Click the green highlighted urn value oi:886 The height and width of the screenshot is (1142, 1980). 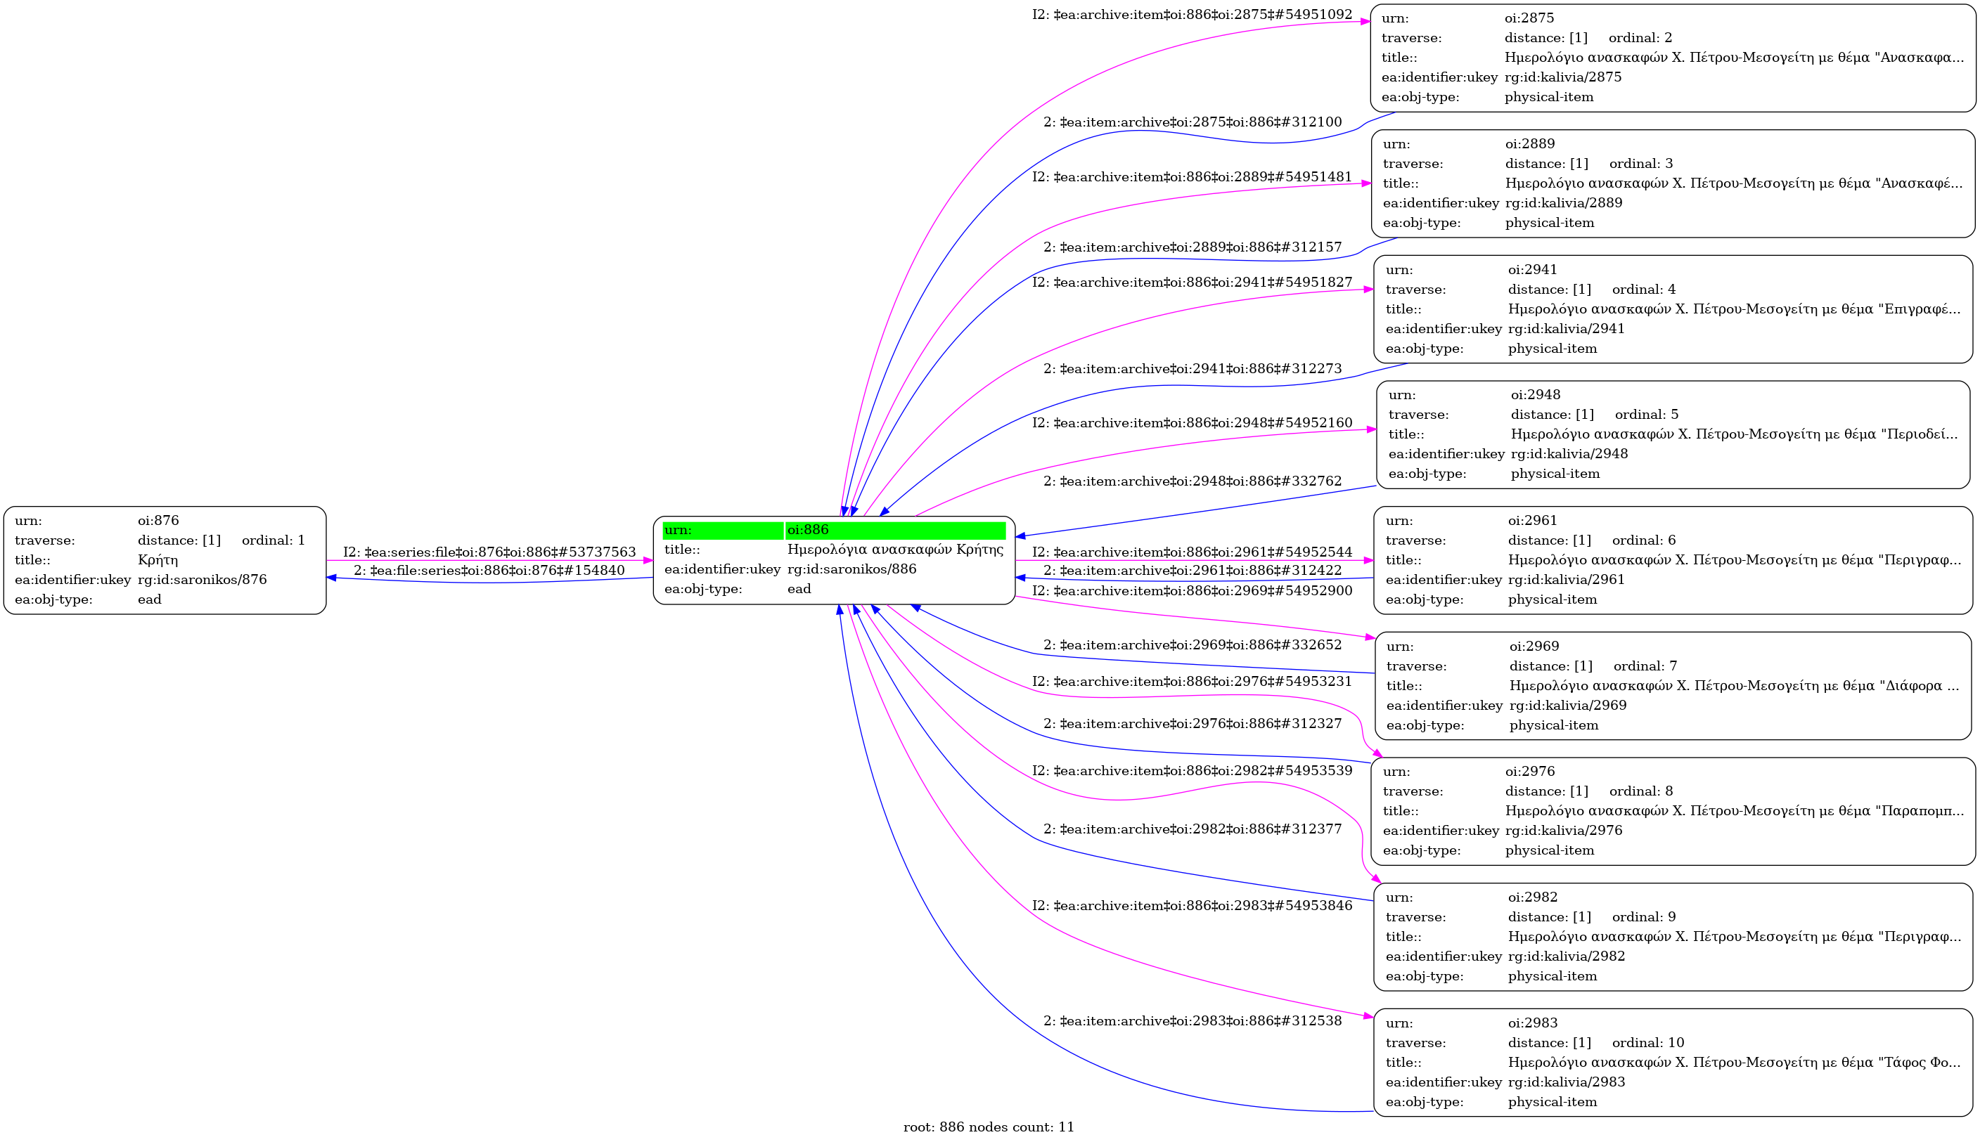point(808,529)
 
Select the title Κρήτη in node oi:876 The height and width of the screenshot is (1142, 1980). point(157,560)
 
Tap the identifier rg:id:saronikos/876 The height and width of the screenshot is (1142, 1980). point(202,580)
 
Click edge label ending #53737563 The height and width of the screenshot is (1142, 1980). point(489,552)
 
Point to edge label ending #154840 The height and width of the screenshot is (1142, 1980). point(489,570)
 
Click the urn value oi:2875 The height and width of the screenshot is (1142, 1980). point(1528,18)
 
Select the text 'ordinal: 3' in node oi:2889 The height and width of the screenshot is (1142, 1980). point(1640,163)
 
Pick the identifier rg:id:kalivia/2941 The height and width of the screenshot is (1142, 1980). point(1566,329)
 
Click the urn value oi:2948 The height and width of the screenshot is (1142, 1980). point(1535,394)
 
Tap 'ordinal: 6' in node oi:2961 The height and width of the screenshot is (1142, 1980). point(1643,540)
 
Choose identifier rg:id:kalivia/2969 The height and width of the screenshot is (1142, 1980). point(1567,705)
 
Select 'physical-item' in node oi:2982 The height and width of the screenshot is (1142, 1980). point(1552,975)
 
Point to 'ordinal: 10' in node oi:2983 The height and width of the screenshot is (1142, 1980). point(1647,1042)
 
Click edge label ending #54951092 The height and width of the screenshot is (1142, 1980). point(1192,14)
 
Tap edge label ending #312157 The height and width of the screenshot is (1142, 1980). point(1192,247)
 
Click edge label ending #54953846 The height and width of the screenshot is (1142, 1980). point(1192,905)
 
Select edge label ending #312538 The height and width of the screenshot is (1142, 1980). point(1192,1020)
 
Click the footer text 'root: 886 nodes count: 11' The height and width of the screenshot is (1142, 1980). point(988,1127)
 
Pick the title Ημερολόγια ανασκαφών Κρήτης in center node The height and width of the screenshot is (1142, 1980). point(894,549)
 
